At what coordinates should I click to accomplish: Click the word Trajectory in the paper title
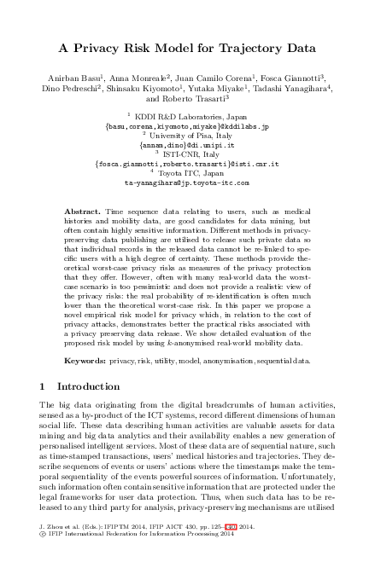click(x=237, y=48)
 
